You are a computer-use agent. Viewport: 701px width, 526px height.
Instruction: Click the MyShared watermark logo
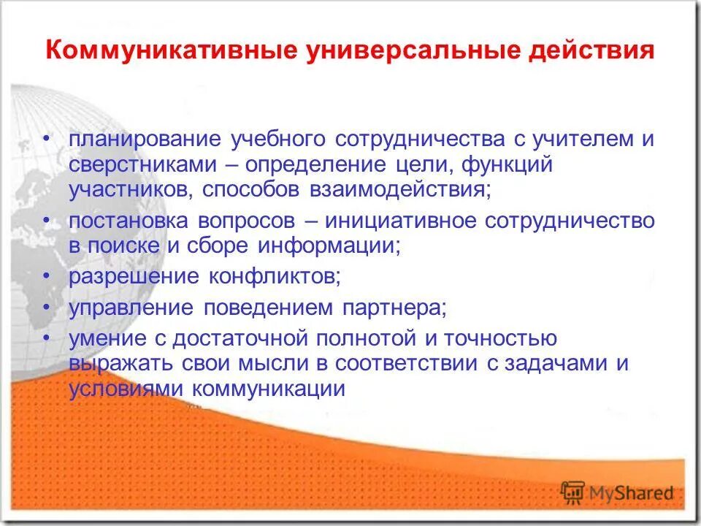pyautogui.click(x=617, y=492)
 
